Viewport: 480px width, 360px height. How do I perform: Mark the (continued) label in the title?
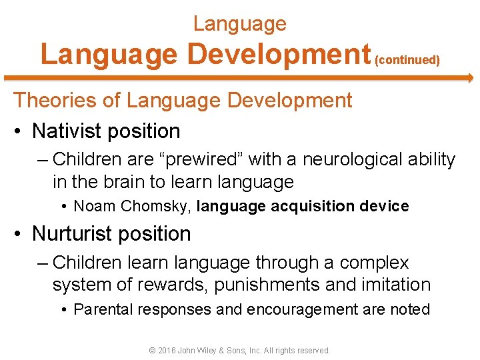(x=407, y=60)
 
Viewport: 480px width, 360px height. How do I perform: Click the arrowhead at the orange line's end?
(x=469, y=78)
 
